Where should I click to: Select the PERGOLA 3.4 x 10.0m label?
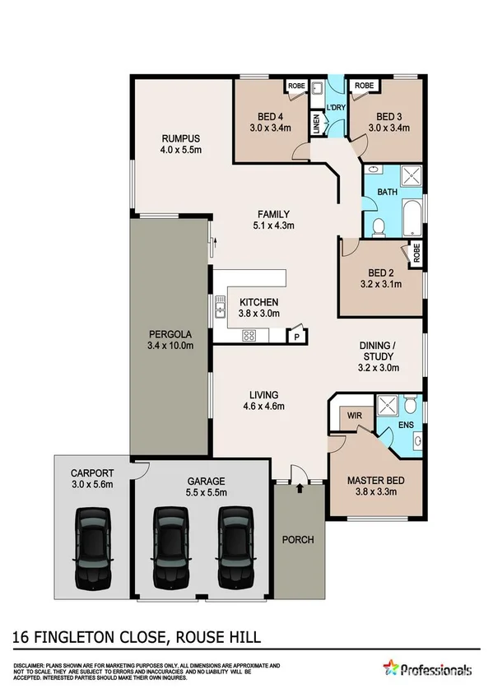click(x=171, y=340)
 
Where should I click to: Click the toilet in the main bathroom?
click(x=378, y=226)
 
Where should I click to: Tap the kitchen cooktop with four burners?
click(x=249, y=335)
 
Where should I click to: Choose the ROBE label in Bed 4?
click(x=295, y=86)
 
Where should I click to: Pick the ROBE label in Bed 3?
click(x=364, y=86)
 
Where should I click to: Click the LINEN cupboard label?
click(x=315, y=123)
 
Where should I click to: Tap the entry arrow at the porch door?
click(x=299, y=489)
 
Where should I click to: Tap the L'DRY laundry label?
click(x=336, y=108)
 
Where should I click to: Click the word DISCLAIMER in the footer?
click(x=29, y=664)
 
